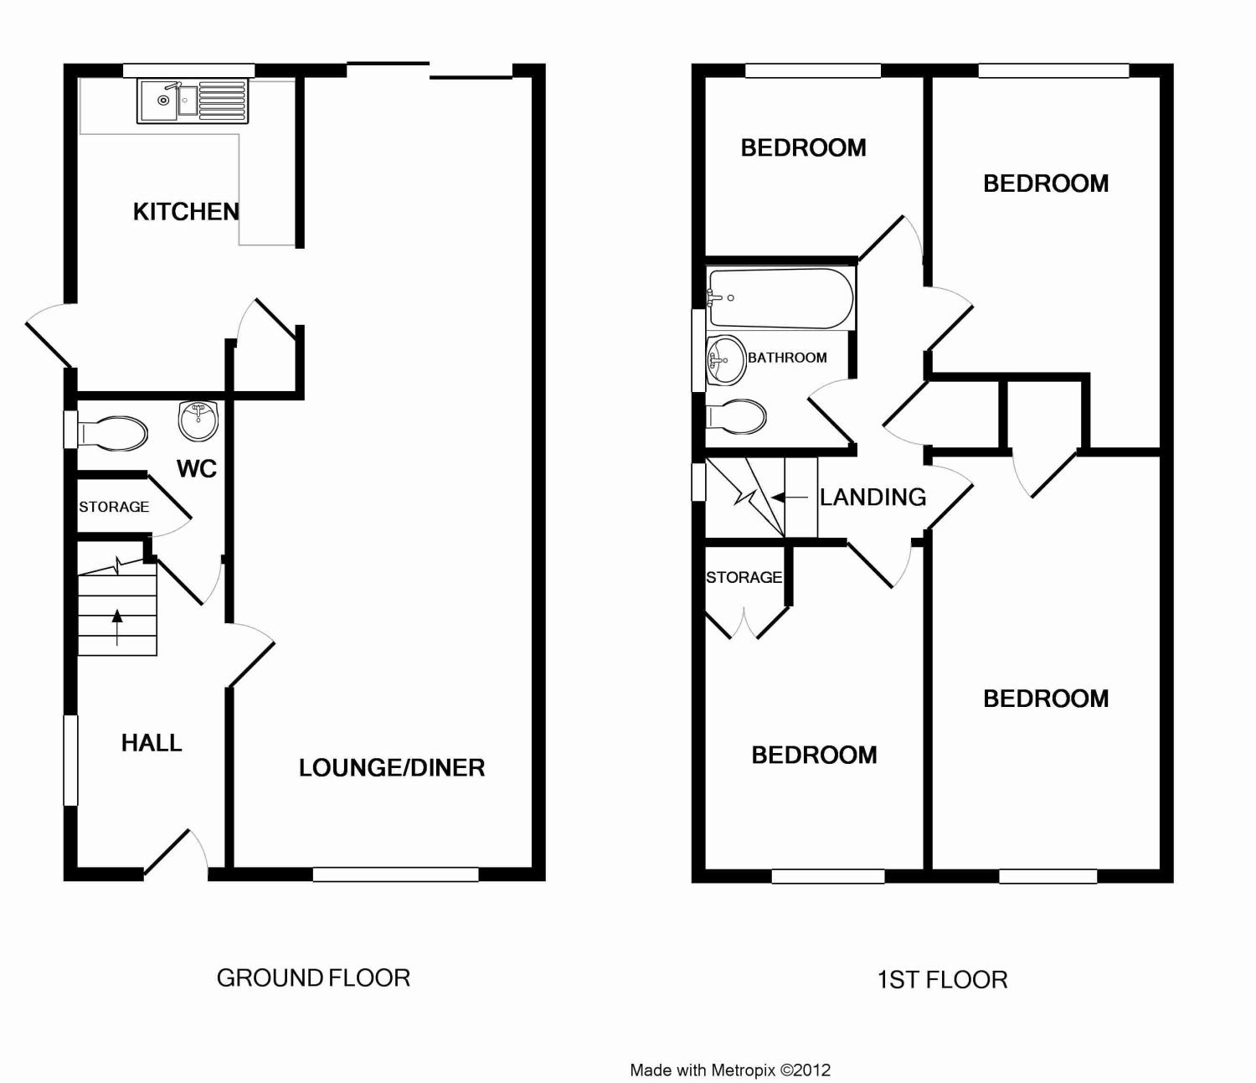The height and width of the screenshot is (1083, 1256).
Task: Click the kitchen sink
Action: (x=193, y=101)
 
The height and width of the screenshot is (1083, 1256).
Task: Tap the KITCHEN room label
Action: (x=186, y=212)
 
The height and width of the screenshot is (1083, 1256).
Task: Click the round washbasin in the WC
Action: (x=198, y=420)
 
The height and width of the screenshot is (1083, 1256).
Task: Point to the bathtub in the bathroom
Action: (x=780, y=298)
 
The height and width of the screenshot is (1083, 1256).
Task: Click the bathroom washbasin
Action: (x=725, y=360)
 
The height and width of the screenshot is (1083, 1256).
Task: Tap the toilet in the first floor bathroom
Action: (x=737, y=416)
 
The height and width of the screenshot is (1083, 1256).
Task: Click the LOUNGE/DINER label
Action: (x=392, y=768)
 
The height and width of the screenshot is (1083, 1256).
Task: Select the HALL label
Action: (x=152, y=743)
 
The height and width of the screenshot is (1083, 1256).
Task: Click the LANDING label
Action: (x=873, y=498)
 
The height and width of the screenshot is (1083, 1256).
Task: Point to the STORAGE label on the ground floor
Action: (x=114, y=507)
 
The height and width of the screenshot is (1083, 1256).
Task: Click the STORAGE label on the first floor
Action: (x=744, y=578)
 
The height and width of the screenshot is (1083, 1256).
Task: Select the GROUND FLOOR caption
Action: (x=313, y=978)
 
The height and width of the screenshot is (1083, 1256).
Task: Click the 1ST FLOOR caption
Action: (x=942, y=980)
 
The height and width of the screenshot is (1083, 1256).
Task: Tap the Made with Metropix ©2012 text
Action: (x=730, y=1070)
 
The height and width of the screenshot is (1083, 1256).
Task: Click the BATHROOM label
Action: (x=787, y=358)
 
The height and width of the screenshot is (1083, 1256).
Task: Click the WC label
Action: (x=197, y=469)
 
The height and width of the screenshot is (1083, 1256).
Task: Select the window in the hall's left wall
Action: (x=71, y=761)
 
